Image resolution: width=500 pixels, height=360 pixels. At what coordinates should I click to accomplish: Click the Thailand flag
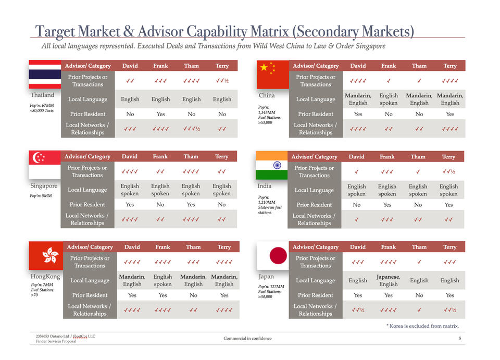point(45,75)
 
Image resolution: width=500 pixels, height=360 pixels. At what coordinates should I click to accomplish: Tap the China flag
point(273,75)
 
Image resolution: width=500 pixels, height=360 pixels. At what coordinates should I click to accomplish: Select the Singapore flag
point(45,165)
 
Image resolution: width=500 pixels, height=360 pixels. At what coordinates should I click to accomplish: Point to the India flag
point(271,165)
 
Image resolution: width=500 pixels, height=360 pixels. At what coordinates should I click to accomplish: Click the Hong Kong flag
point(46,255)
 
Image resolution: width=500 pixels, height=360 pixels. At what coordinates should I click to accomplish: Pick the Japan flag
point(272,255)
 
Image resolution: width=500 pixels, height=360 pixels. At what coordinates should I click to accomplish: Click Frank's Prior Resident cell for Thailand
point(160,114)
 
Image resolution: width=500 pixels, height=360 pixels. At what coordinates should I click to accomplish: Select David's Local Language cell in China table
point(358,99)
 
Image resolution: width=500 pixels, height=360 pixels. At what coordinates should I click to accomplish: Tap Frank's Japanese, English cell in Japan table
point(389,280)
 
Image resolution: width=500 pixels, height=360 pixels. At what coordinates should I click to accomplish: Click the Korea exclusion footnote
point(422,326)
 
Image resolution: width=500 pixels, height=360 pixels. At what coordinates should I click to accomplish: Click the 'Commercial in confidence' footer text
point(247,339)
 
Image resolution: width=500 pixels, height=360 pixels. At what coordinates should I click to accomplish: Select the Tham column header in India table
point(418,157)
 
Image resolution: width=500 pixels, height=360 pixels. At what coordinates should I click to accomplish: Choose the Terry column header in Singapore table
point(222,157)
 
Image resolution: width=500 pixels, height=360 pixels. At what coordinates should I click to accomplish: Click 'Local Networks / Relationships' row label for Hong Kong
point(90,310)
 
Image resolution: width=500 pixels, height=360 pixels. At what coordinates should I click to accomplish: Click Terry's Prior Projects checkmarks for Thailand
point(222,81)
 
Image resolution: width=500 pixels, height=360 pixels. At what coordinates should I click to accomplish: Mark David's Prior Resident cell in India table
point(357,205)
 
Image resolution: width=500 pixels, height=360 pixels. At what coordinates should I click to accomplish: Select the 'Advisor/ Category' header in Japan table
point(316,247)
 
